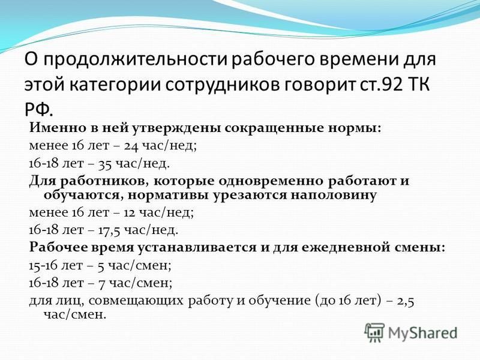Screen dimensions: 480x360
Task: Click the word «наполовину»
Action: click(334, 195)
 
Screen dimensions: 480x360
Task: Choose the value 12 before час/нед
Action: click(129, 212)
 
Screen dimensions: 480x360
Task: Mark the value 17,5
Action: click(109, 230)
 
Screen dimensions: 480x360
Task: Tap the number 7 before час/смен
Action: click(101, 284)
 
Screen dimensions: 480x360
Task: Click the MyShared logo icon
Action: click(374, 332)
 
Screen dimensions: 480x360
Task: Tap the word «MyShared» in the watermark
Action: click(423, 333)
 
